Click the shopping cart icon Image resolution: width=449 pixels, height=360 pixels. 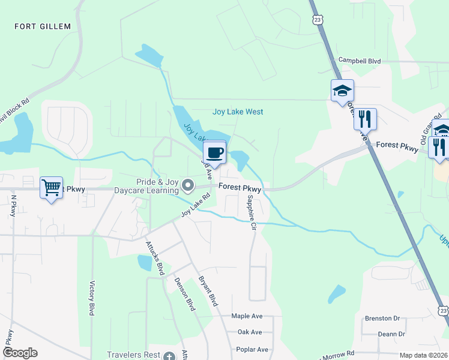click(x=52, y=187)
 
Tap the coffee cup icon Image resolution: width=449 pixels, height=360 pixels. click(x=215, y=151)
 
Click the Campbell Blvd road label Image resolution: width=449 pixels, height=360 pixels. click(x=360, y=61)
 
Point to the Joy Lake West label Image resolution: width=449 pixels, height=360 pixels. click(x=238, y=112)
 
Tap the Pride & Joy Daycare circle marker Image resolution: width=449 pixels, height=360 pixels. click(x=188, y=186)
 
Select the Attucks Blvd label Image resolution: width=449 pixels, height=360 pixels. click(x=155, y=258)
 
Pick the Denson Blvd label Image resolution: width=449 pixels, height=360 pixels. click(x=185, y=293)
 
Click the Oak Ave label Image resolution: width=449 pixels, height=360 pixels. click(x=250, y=332)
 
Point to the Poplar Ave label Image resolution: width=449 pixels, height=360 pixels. click(x=253, y=349)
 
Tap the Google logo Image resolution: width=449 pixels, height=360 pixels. click(x=20, y=353)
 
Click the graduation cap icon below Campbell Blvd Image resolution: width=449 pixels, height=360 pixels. click(x=342, y=91)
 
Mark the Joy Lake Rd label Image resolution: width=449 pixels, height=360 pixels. click(x=196, y=205)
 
